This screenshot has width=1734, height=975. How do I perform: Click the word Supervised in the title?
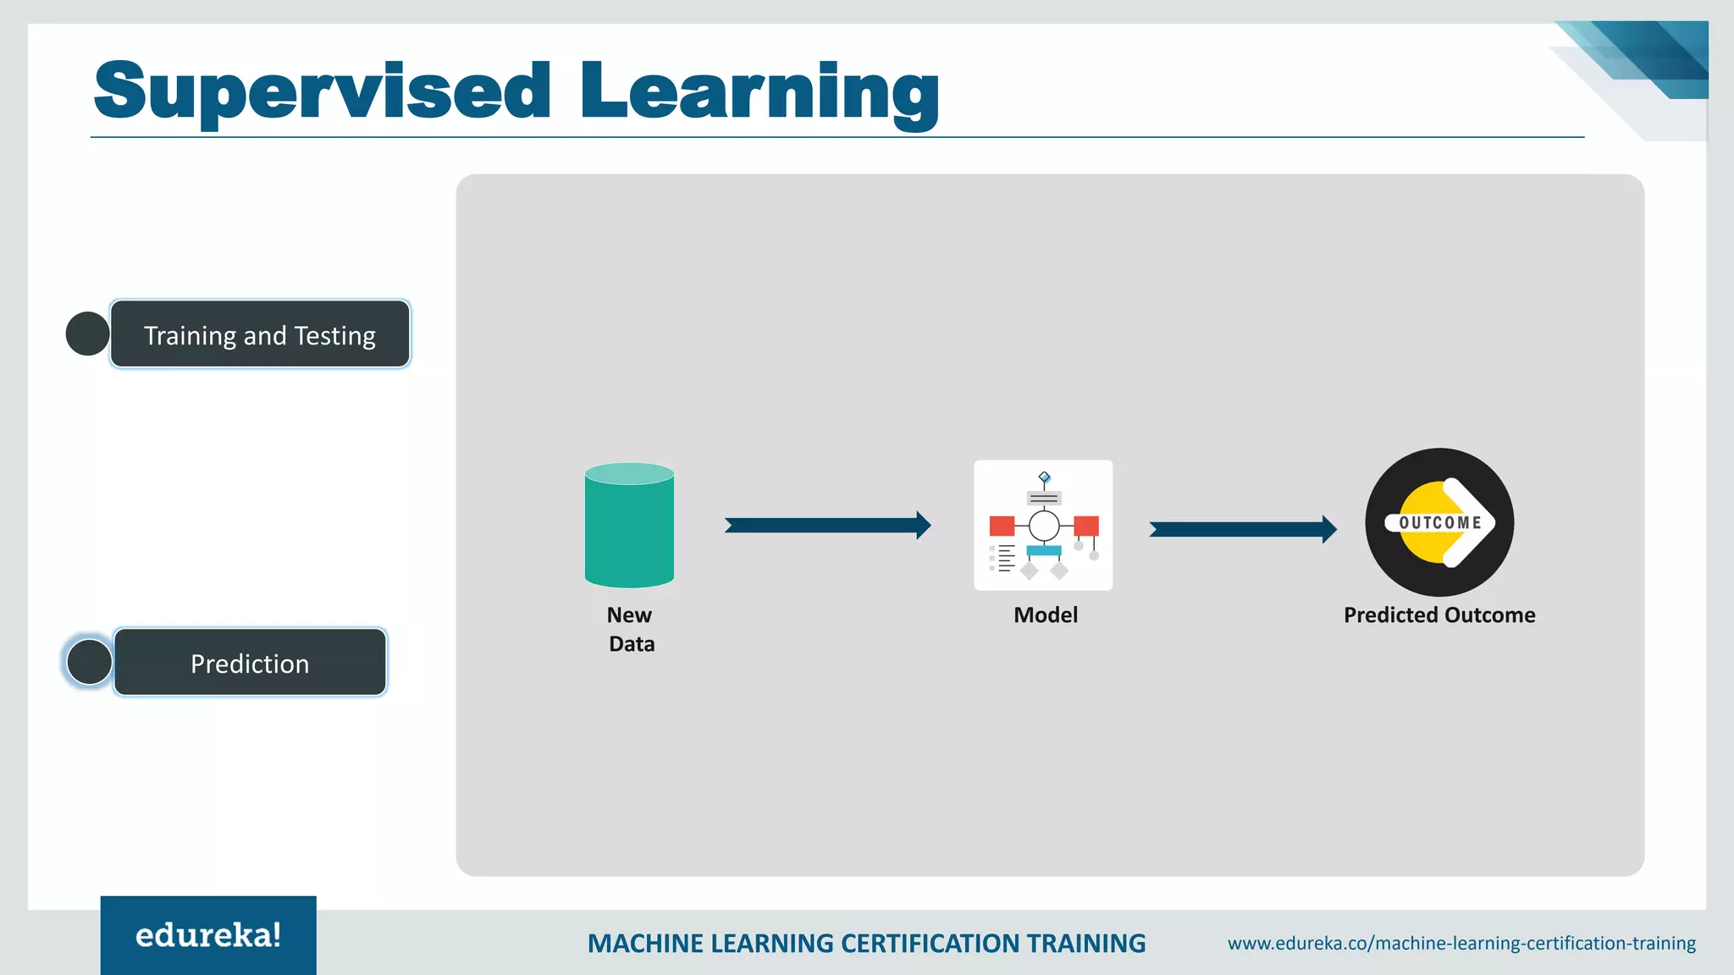coord(322,91)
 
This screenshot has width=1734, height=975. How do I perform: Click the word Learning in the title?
coord(759,91)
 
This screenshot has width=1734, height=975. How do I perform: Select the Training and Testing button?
coord(260,334)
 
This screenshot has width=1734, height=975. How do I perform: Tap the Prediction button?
coord(250,663)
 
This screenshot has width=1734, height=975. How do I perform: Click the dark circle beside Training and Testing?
coord(87,333)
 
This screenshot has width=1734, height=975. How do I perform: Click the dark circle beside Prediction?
coord(89,662)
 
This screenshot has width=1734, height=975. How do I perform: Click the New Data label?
coord(631,629)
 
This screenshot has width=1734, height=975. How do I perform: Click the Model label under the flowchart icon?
coord(1046,615)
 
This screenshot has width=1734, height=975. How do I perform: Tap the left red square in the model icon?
coord(1002,526)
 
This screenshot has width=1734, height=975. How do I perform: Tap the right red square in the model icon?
coord(1086,526)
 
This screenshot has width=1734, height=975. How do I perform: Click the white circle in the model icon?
coord(1044,526)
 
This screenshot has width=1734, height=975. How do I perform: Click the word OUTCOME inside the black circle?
coord(1439,523)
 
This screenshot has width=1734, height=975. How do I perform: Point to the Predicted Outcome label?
coord(1439,615)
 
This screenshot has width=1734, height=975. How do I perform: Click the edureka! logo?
coord(208,935)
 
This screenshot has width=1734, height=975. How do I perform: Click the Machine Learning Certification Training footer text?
coord(866,944)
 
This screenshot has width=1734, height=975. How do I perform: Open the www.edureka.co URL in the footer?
coord(1461,944)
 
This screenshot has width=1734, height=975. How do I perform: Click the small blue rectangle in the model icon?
coord(1044,551)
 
